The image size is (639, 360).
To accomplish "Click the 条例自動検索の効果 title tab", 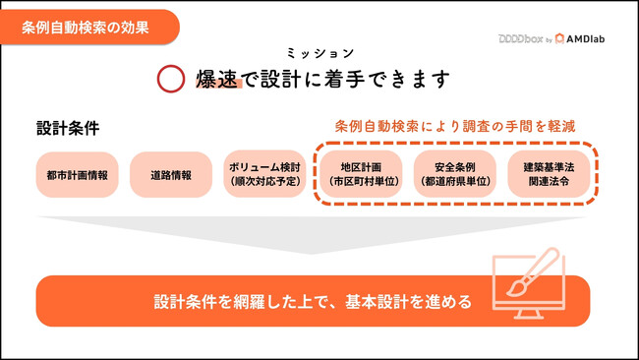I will [87, 27].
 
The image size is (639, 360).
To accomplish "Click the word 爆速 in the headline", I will [217, 79].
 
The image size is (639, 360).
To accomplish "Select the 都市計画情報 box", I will [76, 175].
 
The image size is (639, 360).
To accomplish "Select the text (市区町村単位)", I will [360, 183].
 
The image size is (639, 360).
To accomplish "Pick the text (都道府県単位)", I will [454, 183].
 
